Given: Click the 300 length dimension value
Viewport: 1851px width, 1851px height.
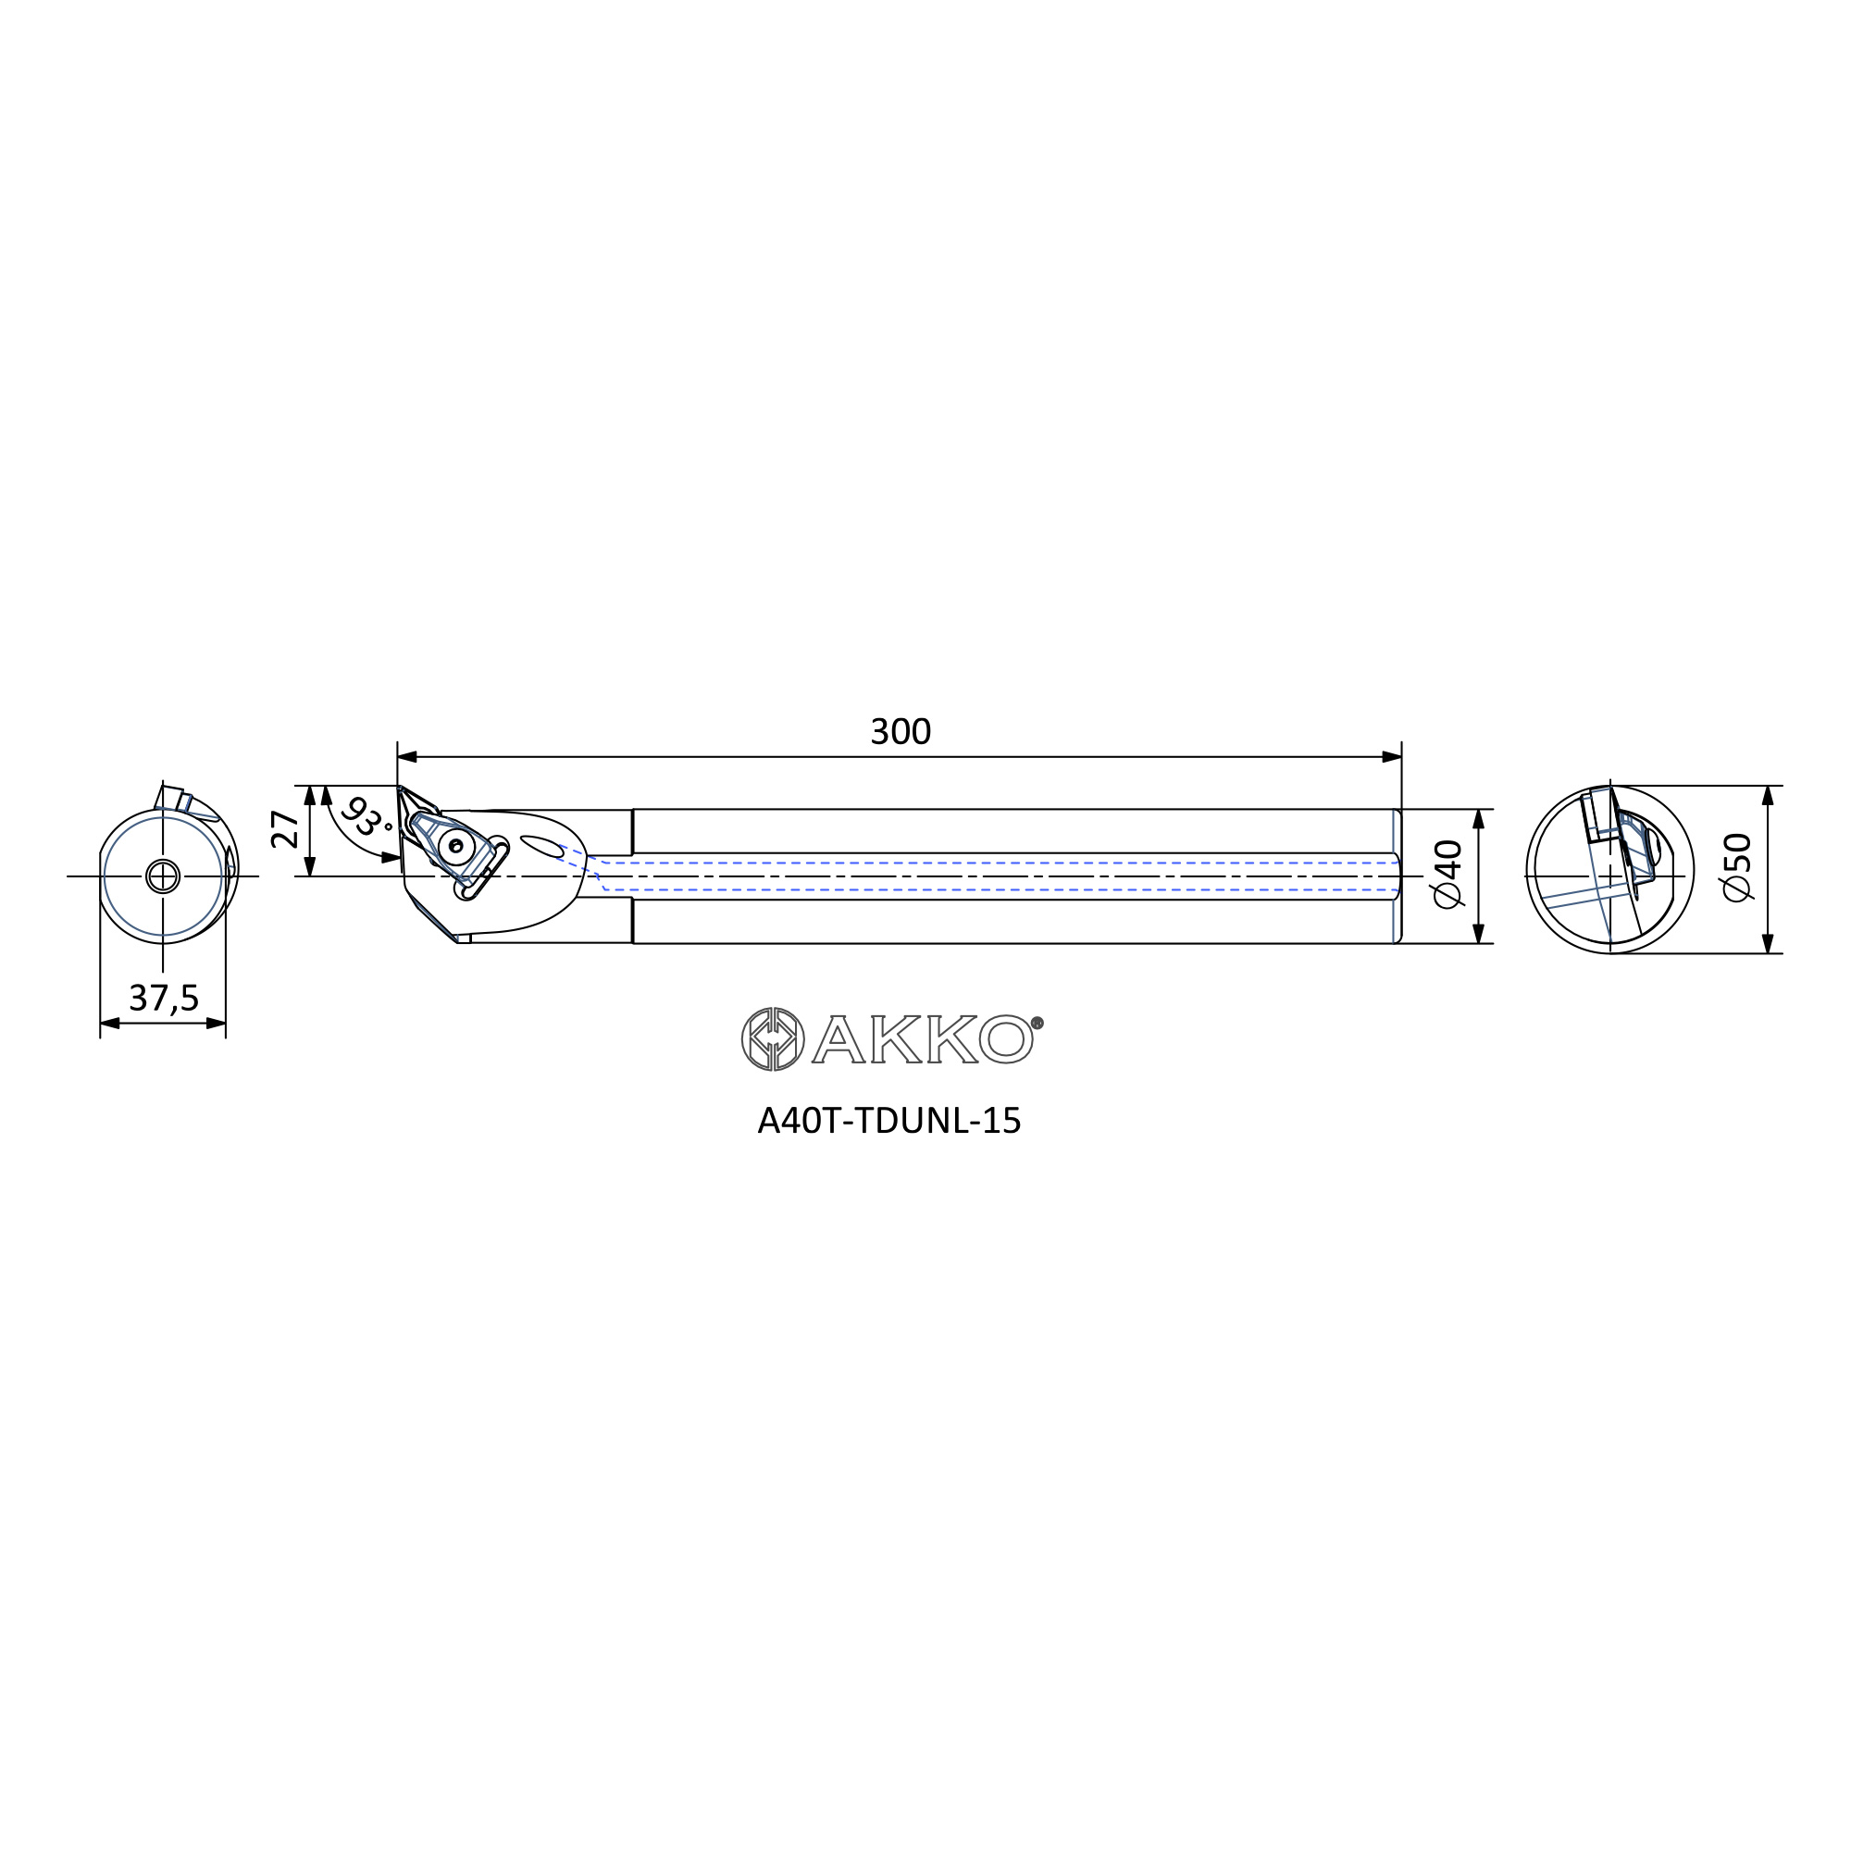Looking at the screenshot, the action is tap(900, 732).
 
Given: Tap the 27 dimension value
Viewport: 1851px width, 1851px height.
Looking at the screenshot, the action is tap(285, 829).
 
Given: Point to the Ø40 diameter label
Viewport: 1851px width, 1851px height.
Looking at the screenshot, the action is tap(1447, 874).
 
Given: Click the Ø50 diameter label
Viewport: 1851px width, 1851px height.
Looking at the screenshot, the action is tap(1737, 867).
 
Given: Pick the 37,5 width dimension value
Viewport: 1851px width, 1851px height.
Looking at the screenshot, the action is tap(164, 999).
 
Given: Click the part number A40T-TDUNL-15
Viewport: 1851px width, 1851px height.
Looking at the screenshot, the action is tap(889, 1121).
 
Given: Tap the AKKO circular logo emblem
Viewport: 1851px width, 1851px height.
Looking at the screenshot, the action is tap(773, 1038).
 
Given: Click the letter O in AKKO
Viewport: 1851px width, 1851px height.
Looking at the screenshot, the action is tap(1006, 1038).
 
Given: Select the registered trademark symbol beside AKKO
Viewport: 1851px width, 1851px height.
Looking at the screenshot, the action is tap(1037, 1023).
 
